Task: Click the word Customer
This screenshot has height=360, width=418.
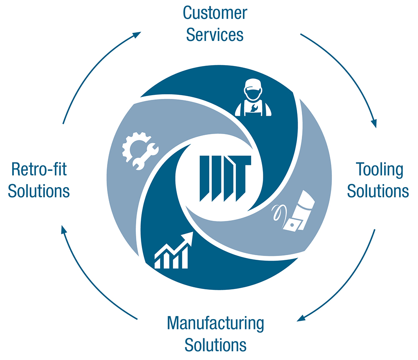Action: coord(215,13)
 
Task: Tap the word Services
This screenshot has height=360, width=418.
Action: coord(215,35)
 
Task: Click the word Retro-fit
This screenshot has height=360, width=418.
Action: coord(39,169)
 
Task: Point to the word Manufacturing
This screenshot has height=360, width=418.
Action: coord(215,324)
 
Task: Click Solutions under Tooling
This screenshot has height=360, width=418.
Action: coord(378,191)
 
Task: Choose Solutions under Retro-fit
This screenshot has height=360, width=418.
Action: coord(38,191)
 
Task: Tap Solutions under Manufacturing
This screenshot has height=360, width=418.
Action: coord(215,345)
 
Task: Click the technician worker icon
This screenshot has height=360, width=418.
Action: coord(253,97)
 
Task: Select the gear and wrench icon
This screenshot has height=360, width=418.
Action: coord(140,151)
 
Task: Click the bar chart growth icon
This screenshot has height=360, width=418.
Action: coord(173,250)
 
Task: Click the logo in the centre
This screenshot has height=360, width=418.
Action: coord(225,178)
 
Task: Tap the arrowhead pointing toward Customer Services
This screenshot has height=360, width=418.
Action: coord(137,35)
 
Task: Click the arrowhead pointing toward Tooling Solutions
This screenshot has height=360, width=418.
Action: coord(374,124)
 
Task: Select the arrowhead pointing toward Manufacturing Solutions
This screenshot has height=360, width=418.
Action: coord(301,318)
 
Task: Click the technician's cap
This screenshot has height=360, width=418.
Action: coord(253,84)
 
